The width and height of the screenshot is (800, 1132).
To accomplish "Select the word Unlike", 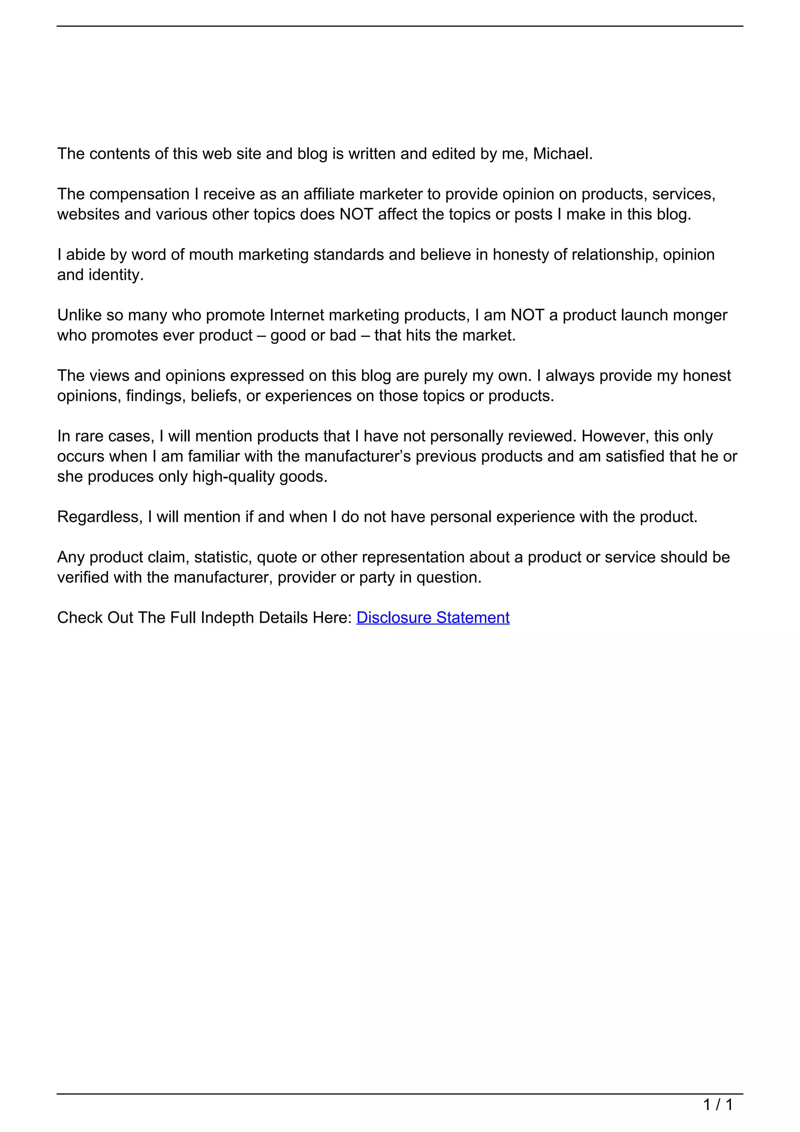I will (79, 315).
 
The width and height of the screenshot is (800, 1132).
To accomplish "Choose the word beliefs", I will (215, 396).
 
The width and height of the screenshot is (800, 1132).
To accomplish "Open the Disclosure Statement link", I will (432, 618).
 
